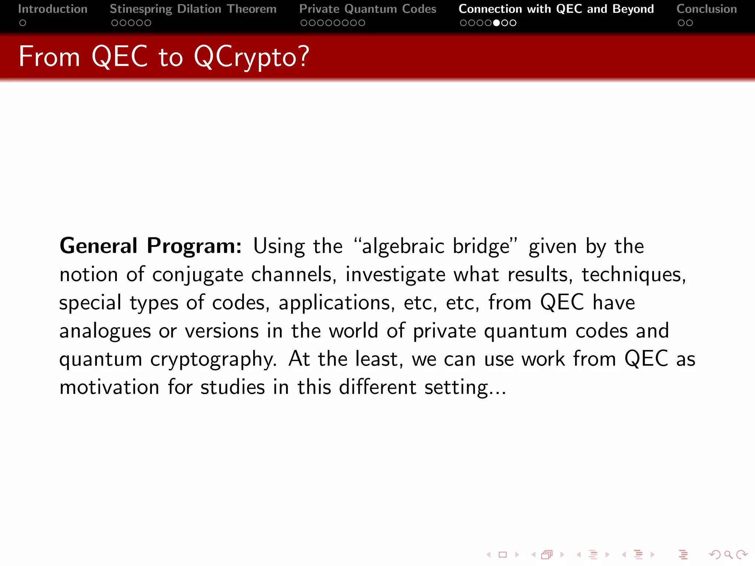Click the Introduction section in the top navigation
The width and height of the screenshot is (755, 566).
53,9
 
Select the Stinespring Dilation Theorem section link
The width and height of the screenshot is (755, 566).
193,9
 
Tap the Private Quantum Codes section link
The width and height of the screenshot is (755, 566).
368,9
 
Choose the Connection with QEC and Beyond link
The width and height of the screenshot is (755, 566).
556,9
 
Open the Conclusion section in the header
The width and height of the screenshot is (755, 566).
706,9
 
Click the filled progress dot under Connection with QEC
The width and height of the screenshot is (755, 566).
497,23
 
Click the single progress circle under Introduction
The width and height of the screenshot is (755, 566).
23,23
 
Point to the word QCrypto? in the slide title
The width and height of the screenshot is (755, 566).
251,57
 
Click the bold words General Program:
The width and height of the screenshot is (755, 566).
150,246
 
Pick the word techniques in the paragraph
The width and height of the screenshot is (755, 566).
633,275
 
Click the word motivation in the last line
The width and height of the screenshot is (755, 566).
109,387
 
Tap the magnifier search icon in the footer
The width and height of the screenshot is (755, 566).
728,555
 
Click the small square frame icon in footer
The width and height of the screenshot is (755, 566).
502,555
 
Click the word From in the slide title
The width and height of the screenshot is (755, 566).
49,57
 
